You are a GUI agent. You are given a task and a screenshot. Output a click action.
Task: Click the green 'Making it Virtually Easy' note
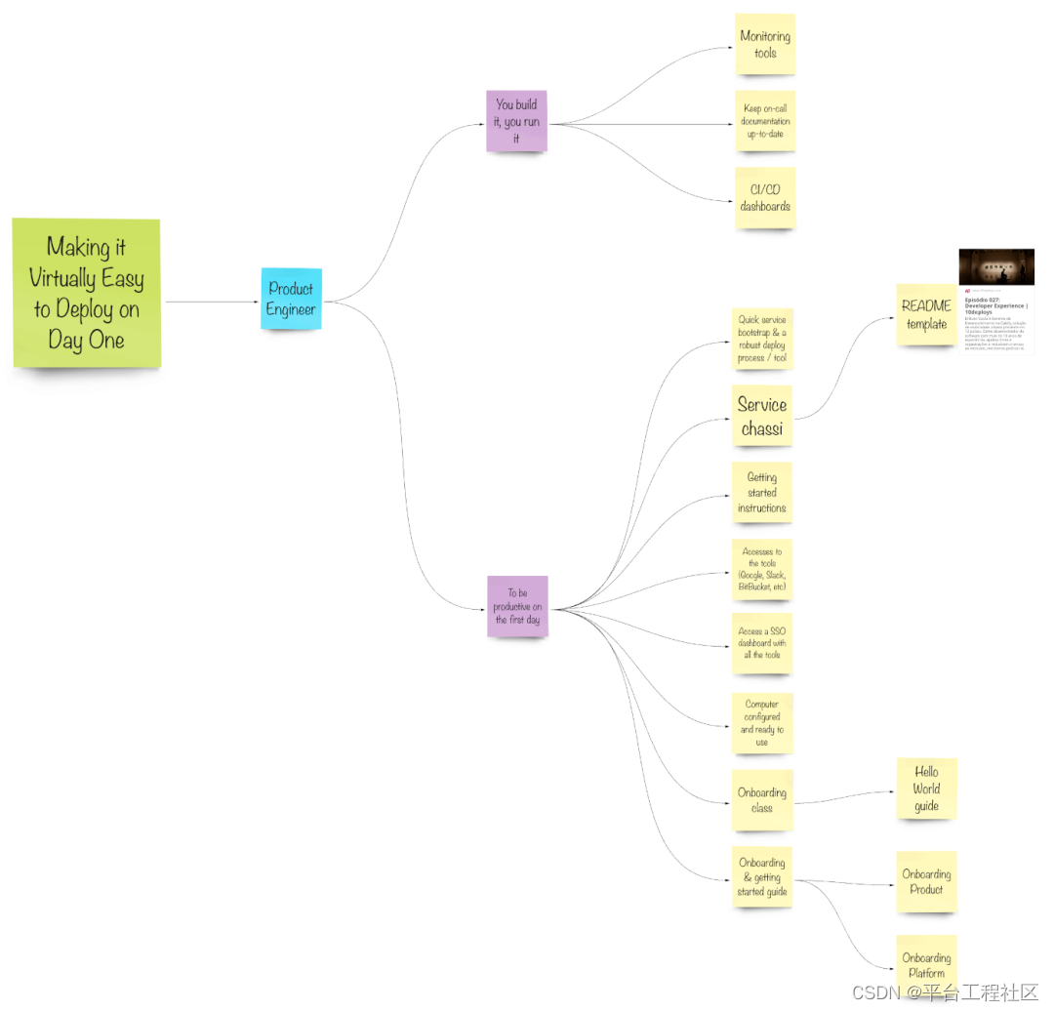point(86,293)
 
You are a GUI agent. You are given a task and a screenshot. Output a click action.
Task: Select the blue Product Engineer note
point(291,299)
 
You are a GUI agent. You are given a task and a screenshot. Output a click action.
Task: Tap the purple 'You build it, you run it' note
point(517,121)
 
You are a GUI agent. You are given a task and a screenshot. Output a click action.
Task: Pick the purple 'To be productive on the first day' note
point(517,606)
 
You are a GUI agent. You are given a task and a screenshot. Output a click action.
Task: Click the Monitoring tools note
point(765,44)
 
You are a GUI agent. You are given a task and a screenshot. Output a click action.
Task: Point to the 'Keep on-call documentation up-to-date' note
point(765,121)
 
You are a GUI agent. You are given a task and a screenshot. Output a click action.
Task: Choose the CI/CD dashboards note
point(765,198)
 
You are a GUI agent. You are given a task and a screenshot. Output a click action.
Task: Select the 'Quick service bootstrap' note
point(762,339)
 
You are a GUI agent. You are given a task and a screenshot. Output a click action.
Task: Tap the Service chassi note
point(762,416)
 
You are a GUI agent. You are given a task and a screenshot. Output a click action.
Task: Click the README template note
point(926,314)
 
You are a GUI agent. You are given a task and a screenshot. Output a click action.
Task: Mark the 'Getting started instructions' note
point(762,493)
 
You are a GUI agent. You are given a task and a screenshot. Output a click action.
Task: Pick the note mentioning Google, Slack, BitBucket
point(762,569)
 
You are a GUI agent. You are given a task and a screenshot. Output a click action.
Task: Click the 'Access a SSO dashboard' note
point(762,643)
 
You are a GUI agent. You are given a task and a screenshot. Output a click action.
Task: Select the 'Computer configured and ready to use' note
point(762,722)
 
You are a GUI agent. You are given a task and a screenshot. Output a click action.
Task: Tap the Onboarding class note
point(762,800)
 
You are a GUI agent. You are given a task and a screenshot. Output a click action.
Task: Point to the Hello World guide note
point(926,789)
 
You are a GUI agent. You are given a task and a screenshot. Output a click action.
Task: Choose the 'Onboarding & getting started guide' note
point(762,876)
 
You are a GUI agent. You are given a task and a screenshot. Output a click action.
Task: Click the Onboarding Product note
point(926,881)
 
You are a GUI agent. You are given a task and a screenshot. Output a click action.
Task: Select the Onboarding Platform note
point(926,965)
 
